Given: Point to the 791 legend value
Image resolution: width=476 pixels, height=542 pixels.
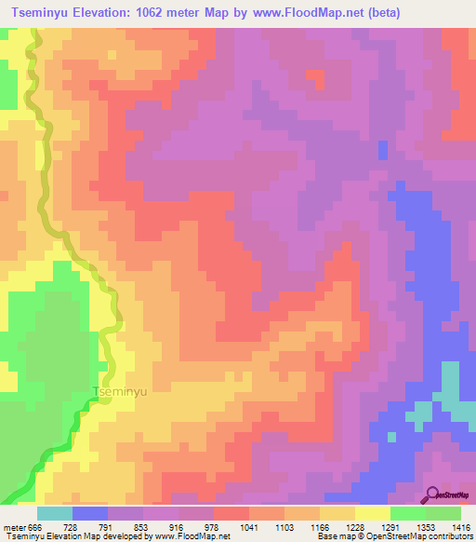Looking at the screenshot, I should (x=108, y=528).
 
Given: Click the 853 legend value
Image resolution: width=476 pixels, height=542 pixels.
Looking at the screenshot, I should (x=143, y=528).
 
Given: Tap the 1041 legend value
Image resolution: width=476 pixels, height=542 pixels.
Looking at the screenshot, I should (x=249, y=528).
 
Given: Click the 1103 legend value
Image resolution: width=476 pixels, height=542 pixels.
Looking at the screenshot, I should (x=284, y=528).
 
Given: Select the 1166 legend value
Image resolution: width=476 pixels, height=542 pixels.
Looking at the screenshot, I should (x=320, y=528).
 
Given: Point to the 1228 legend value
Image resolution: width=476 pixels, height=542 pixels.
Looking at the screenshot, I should (x=355, y=528).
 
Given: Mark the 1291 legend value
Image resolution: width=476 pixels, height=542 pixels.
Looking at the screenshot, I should (x=390, y=528).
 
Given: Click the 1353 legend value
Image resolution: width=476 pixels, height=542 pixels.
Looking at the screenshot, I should (x=426, y=528).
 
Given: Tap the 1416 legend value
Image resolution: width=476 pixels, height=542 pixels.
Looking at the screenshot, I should (x=459, y=528).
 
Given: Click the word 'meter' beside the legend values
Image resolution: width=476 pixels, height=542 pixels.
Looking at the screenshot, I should (x=13, y=528).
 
